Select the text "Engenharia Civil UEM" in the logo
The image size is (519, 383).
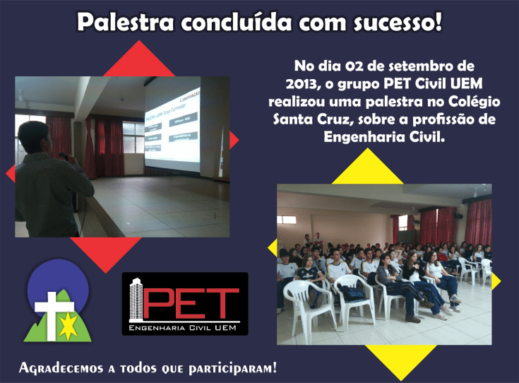(x=185, y=329)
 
